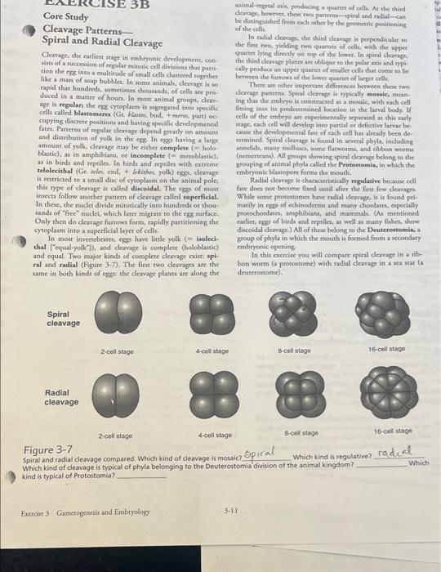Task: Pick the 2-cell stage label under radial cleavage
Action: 114,438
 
